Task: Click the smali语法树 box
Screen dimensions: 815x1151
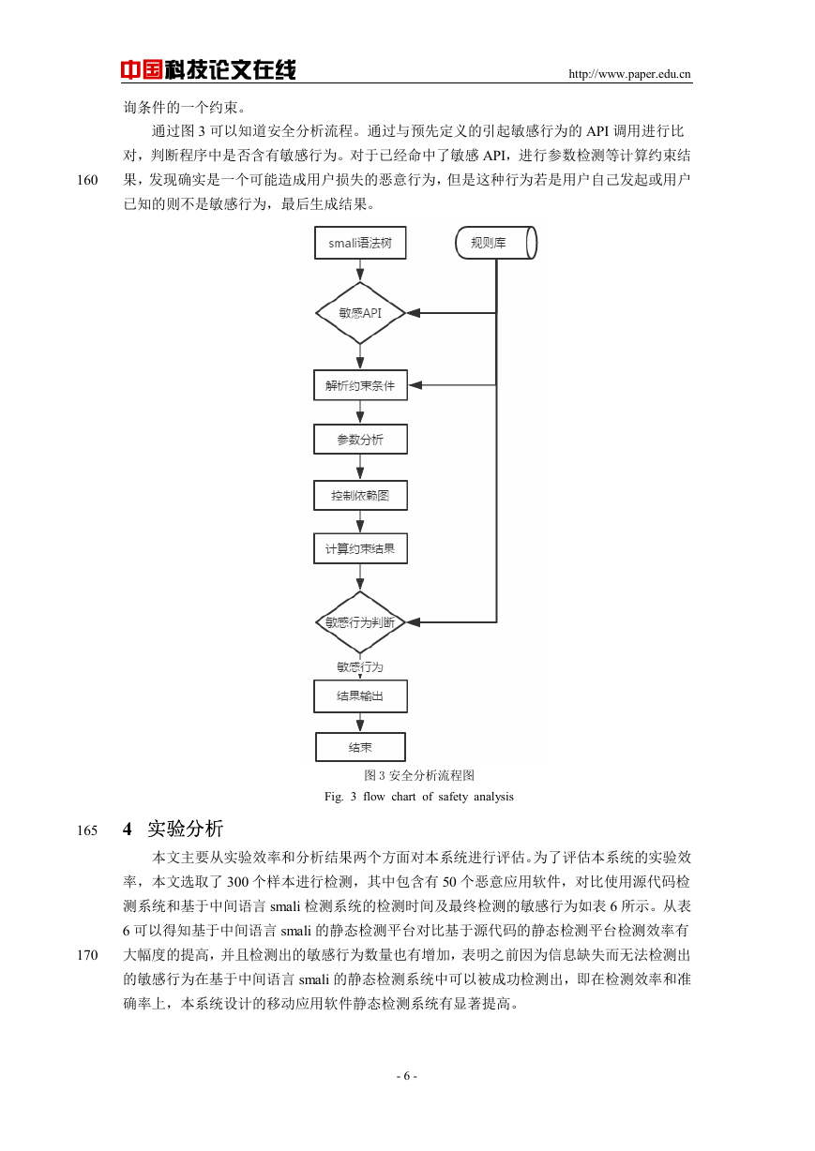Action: click(360, 243)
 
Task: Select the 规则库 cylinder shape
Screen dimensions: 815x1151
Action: click(496, 243)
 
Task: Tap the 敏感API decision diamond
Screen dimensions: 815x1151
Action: click(360, 313)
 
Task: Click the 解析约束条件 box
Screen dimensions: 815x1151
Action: click(360, 385)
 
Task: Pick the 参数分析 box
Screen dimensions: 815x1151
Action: click(360, 440)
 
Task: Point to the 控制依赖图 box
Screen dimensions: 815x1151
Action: click(360, 495)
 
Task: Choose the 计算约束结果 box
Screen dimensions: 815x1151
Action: click(360, 548)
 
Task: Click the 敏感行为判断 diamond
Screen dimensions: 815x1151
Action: click(360, 622)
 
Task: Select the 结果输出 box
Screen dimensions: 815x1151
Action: click(360, 696)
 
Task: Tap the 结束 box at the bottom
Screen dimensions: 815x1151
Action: click(360, 747)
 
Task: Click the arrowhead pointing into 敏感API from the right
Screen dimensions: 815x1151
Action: click(413, 313)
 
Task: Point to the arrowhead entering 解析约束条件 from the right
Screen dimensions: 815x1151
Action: click(415, 385)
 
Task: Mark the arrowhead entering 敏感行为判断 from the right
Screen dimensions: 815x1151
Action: click(413, 622)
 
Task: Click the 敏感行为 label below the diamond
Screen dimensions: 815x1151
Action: click(360, 667)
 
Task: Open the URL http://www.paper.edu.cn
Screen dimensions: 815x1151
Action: click(629, 74)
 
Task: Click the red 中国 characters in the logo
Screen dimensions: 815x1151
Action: click(142, 69)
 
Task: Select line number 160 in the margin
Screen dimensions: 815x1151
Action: click(87, 180)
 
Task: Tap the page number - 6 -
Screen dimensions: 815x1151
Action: click(407, 1076)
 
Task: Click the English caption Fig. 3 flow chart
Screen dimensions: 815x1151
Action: click(418, 797)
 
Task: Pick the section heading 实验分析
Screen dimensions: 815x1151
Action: click(185, 829)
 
